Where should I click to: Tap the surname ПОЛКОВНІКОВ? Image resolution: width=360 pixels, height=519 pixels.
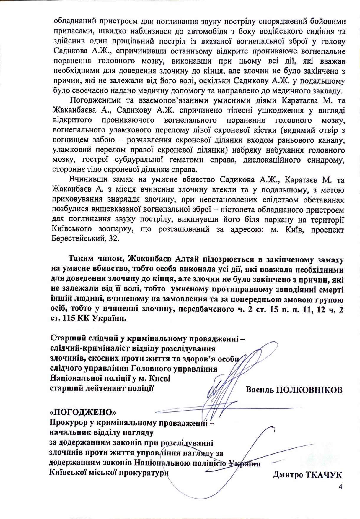(x=309, y=390)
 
